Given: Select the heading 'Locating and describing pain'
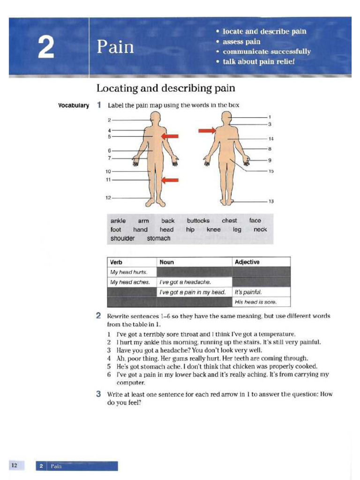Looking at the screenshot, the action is pyautogui.click(x=165, y=88).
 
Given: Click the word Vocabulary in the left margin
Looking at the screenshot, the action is pyautogui.click(x=73, y=105).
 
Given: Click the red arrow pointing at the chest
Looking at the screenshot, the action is pyautogui.click(x=170, y=136).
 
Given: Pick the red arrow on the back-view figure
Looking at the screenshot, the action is pyautogui.click(x=206, y=130).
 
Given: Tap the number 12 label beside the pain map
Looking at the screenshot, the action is pyautogui.click(x=108, y=197).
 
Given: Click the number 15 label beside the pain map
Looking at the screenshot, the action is pyautogui.click(x=271, y=172).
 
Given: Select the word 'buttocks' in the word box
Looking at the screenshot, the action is pyautogui.click(x=198, y=221).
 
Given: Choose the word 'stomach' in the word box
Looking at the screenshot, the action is pyautogui.click(x=159, y=239).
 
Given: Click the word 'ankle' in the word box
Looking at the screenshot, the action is pyautogui.click(x=118, y=221).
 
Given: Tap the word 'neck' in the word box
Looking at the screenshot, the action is pyautogui.click(x=260, y=230).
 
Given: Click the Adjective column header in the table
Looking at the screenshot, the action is pyautogui.click(x=247, y=262).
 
